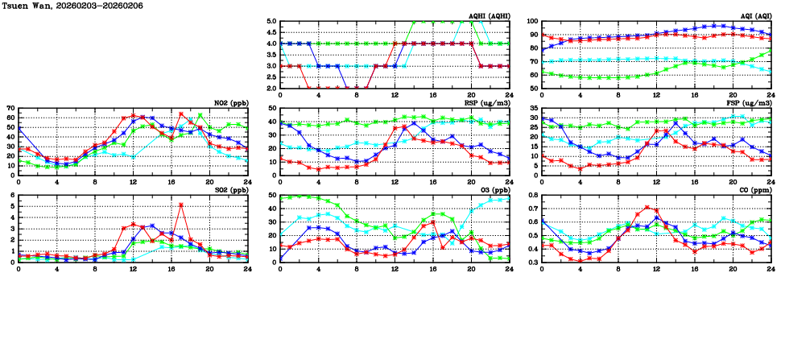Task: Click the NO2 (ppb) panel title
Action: pos(230,102)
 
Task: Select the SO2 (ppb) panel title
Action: pos(230,189)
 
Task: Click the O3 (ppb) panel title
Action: pos(495,189)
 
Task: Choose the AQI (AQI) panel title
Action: pos(755,15)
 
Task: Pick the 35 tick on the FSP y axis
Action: pos(533,108)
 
